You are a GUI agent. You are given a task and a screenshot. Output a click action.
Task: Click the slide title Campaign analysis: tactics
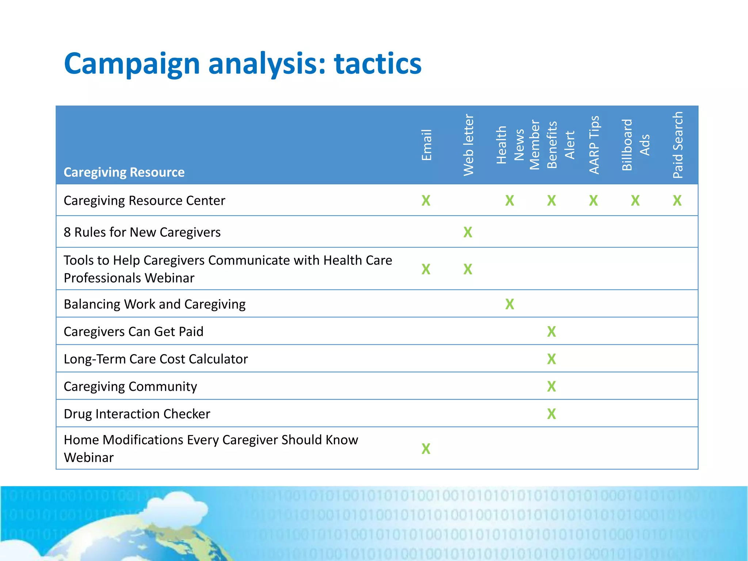point(243,64)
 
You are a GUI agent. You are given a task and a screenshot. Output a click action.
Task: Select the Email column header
point(426,145)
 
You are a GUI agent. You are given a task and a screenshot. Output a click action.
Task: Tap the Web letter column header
point(468,145)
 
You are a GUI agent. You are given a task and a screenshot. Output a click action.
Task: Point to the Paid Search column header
point(678,145)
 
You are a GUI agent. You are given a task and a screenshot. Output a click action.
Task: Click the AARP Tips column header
point(594,145)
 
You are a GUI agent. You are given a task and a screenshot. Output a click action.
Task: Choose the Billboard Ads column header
point(636,145)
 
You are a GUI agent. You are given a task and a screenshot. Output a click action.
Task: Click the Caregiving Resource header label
point(124,172)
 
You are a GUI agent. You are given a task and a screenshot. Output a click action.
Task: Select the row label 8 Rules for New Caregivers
point(142,232)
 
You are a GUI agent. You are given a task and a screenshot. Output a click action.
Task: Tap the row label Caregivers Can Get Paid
point(133,332)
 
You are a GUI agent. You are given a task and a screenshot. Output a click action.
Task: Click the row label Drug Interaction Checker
point(137,414)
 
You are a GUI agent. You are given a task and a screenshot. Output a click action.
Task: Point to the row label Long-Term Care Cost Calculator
point(156,359)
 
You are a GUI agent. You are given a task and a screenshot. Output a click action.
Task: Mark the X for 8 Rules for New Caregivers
point(468,232)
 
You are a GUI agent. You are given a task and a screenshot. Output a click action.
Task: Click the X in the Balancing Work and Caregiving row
point(510,304)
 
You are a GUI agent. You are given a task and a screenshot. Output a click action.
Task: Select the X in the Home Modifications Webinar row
point(426,449)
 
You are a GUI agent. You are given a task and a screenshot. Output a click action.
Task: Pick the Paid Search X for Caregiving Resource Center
point(677,201)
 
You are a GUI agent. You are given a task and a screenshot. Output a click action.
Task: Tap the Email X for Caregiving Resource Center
point(426,201)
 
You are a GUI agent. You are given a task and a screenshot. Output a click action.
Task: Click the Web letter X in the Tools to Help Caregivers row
point(468,270)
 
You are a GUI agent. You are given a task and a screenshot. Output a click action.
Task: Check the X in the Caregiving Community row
point(552,386)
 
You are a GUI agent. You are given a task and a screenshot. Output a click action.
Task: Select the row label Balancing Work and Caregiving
point(154,304)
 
